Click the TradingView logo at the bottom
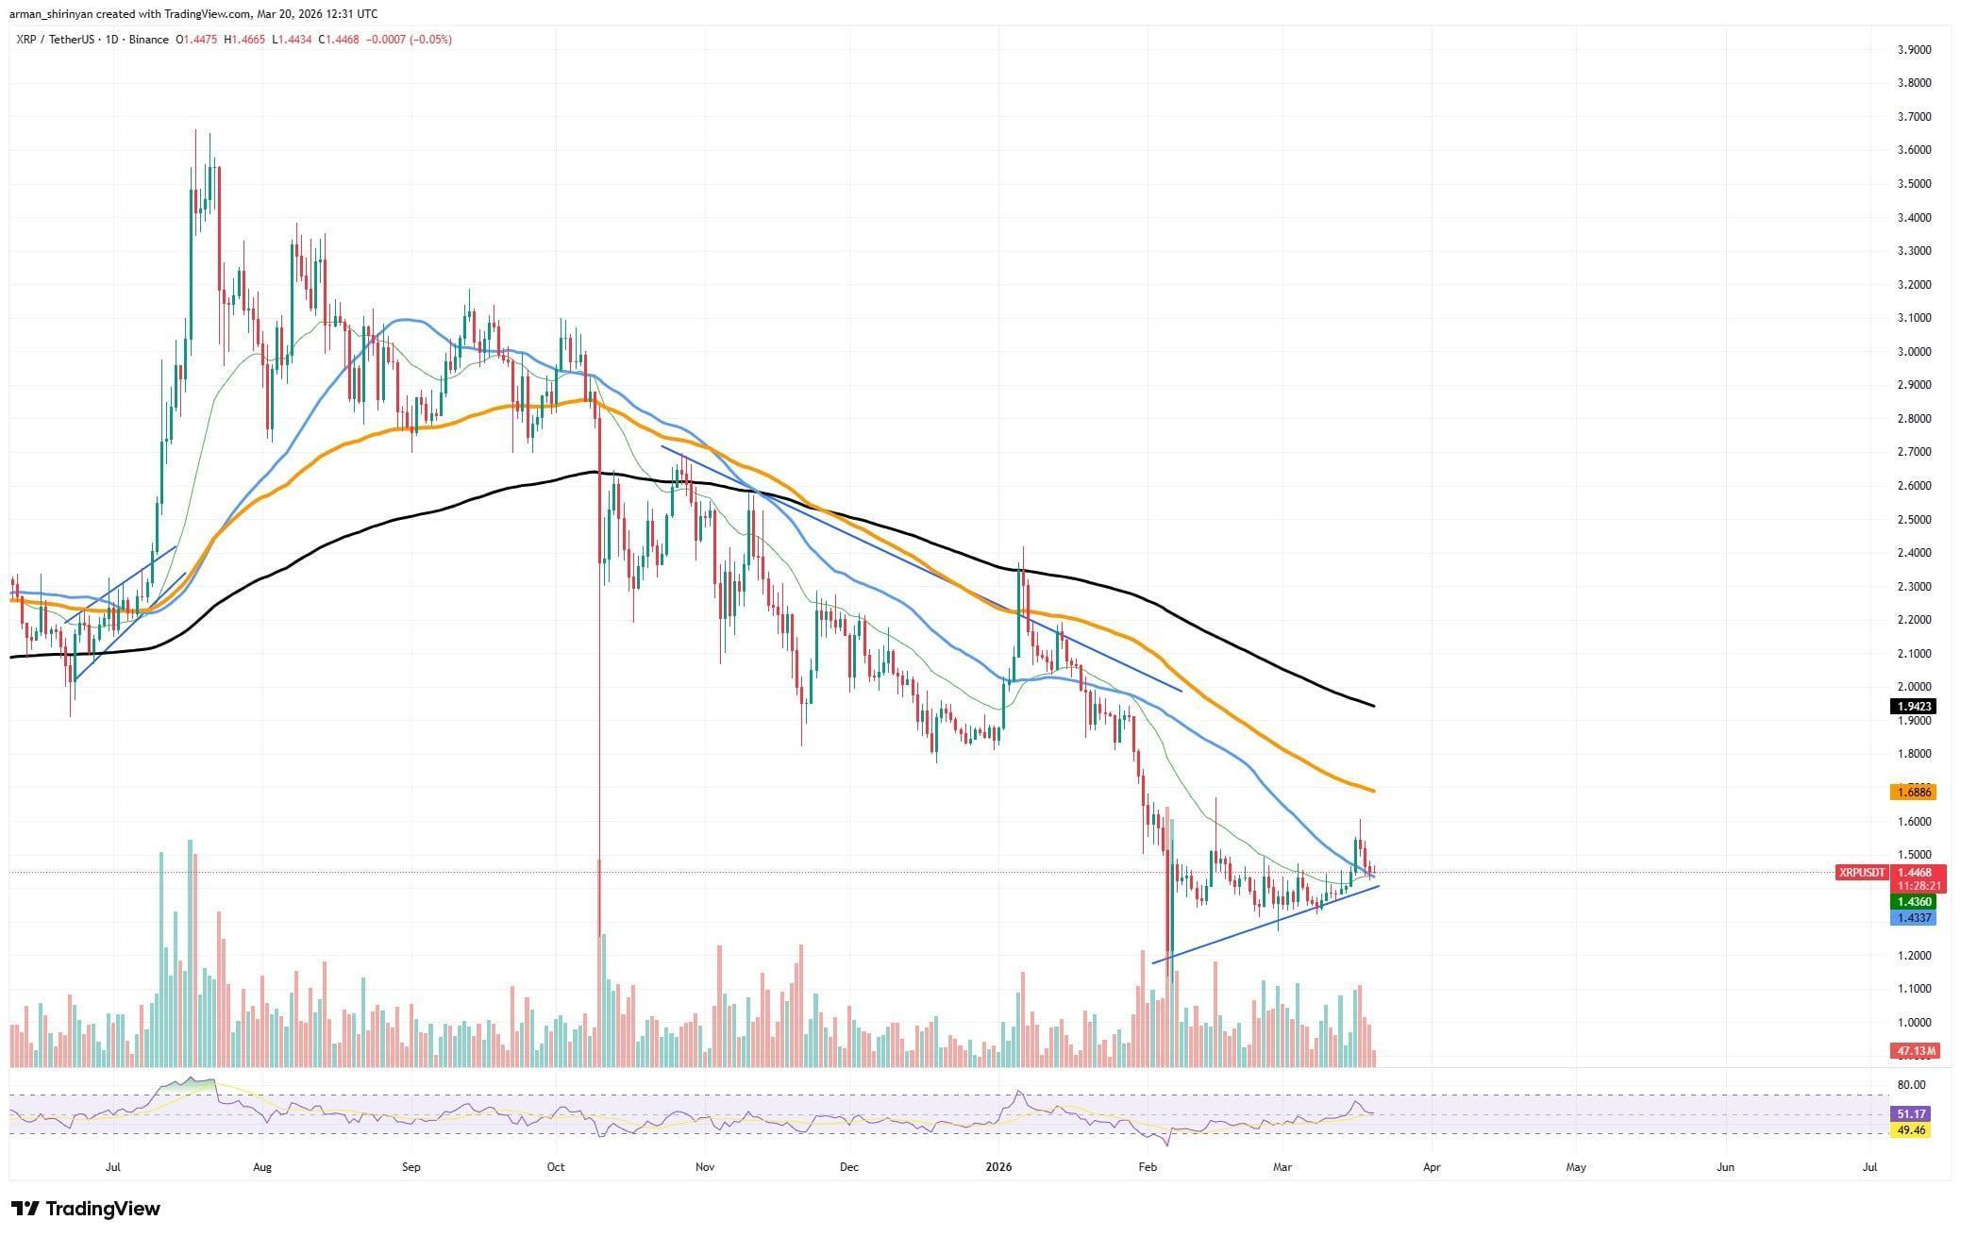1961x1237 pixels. [86, 1209]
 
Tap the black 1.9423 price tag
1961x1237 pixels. [1912, 706]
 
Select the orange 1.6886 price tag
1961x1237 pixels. [1912, 793]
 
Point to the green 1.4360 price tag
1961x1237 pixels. [1912, 902]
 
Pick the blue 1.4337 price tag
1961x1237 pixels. [1912, 918]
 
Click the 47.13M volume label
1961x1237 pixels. [1912, 1050]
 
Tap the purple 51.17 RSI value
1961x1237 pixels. [1912, 1113]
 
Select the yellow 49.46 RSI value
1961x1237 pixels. [1912, 1129]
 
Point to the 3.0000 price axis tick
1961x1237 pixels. [1912, 351]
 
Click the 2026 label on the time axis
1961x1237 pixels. [997, 1167]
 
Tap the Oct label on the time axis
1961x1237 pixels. [556, 1167]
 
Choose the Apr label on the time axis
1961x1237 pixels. [1431, 1167]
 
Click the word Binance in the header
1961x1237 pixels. [149, 40]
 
